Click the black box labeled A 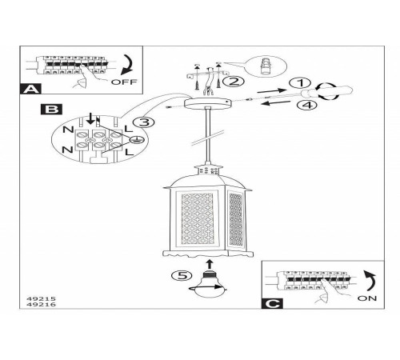30,89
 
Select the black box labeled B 51,110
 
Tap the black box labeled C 272,303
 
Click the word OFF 124,82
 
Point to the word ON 367,298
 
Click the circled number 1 300,83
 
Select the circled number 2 233,82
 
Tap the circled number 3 144,122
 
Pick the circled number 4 307,105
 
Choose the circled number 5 182,275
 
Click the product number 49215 41,299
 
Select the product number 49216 41,305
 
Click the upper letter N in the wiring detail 68,130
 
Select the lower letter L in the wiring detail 130,152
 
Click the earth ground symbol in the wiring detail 136,140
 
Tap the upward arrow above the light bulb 210,264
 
